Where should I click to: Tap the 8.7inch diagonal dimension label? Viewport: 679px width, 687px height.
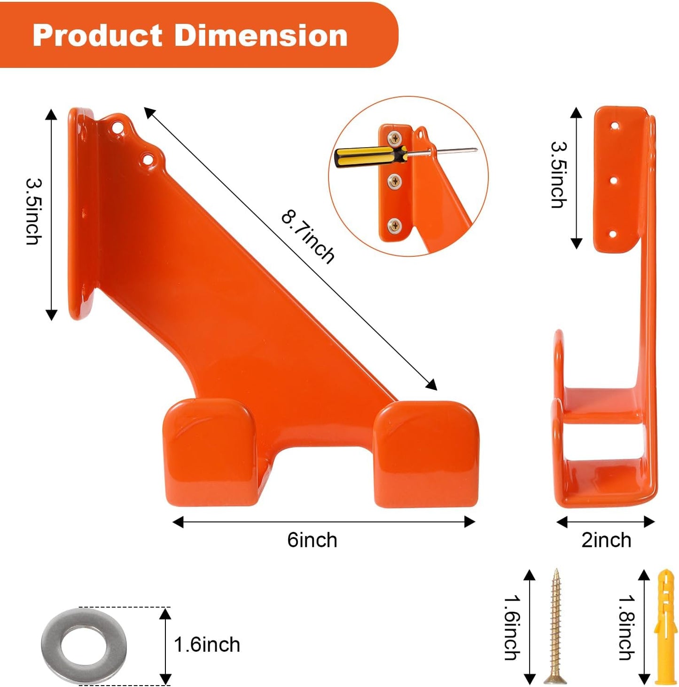coord(308,237)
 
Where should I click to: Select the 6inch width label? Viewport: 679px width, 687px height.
coord(312,540)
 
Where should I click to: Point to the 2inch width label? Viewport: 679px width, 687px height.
coord(606,540)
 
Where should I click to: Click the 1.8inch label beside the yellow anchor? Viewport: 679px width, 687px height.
coord(627,628)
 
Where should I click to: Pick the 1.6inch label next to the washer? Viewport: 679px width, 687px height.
coord(207,645)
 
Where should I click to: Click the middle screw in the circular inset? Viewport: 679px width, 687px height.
coord(394,181)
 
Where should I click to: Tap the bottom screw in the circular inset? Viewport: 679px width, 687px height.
coord(395,226)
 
